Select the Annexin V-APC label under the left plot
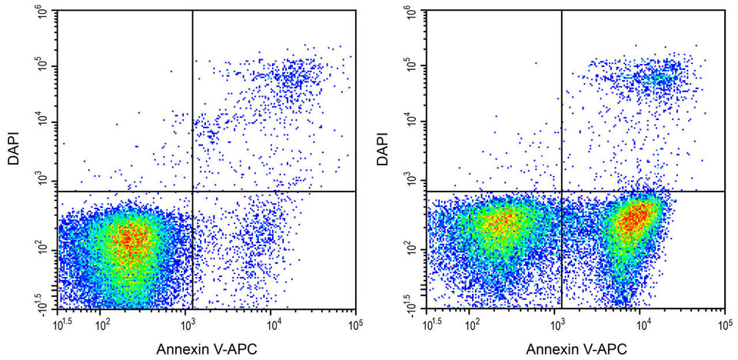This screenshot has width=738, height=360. tap(207, 349)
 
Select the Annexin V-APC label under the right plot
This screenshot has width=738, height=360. tap(577, 349)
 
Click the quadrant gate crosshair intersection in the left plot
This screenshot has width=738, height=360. tap(191, 191)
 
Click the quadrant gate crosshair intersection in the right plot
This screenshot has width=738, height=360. tap(562, 191)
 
